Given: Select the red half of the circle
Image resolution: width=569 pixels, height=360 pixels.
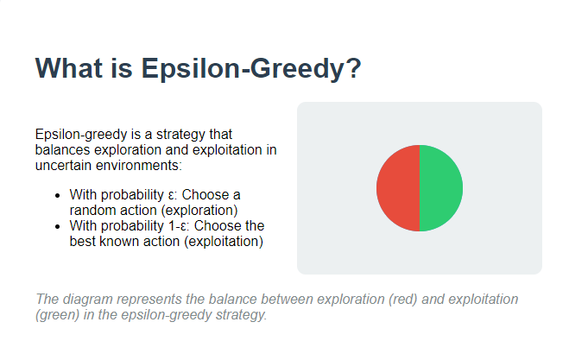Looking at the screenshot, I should click(397, 188).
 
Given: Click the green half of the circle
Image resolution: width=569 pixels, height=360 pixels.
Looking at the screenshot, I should click(441, 188).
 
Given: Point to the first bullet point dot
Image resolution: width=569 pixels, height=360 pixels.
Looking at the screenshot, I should click(57, 195).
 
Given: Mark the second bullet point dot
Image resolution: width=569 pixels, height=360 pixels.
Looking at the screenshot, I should click(57, 226).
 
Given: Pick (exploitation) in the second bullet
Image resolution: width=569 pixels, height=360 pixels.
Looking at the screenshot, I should click(219, 242).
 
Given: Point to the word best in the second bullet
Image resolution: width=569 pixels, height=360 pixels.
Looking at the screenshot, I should click(83, 242).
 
